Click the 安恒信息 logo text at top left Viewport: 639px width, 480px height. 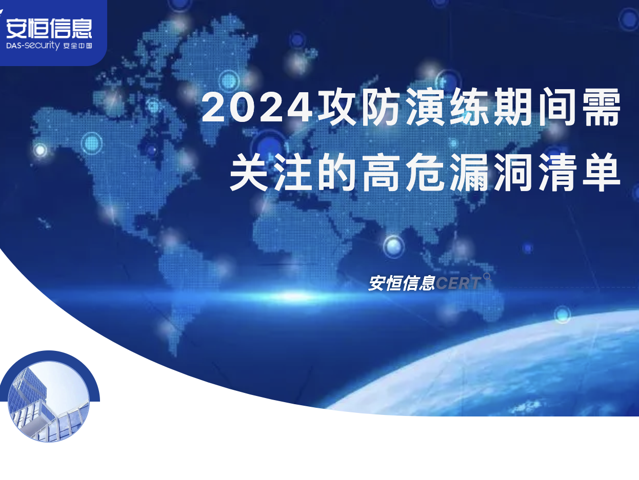(x=49, y=28)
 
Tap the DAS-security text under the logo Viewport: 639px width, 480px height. (x=33, y=46)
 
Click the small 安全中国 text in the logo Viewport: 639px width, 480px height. (x=77, y=46)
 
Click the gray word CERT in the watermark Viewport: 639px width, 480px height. (x=458, y=283)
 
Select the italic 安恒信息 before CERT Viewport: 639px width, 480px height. (x=402, y=283)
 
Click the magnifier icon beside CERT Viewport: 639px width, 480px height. (x=487, y=277)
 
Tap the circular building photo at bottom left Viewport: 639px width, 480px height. (x=49, y=401)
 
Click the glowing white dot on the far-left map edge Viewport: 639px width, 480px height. (x=40, y=150)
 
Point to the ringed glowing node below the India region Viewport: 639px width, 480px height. (x=393, y=246)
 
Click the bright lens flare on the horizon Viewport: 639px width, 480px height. (x=294, y=296)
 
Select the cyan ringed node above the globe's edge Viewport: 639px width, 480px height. (x=562, y=315)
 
